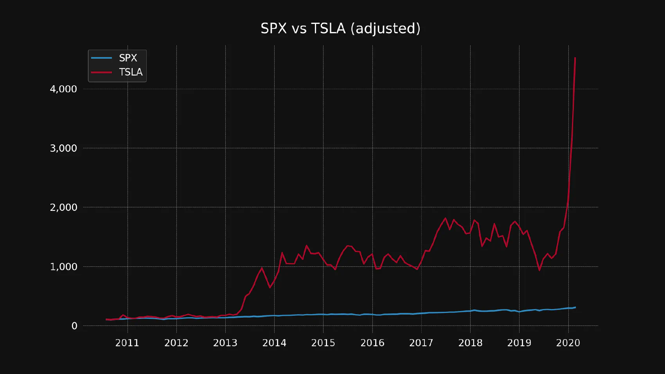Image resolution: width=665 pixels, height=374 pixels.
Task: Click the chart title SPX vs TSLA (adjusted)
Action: pyautogui.click(x=340, y=29)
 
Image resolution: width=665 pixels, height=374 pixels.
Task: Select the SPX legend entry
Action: pyautogui.click(x=128, y=58)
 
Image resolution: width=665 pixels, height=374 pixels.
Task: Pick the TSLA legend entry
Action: pyautogui.click(x=131, y=72)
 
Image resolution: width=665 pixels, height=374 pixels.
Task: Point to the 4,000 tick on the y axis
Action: pyautogui.click(x=63, y=89)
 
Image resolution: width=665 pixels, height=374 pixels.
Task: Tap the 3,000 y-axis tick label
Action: pyautogui.click(x=63, y=148)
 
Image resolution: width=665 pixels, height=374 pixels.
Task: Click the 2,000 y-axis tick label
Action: pyautogui.click(x=63, y=207)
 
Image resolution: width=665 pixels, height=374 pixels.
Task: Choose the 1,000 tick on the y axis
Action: pyautogui.click(x=63, y=267)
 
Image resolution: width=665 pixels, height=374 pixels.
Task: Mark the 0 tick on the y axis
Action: pyautogui.click(x=74, y=326)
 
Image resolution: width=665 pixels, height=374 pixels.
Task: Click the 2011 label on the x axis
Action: pyautogui.click(x=127, y=343)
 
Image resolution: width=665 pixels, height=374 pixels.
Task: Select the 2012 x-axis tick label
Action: pyautogui.click(x=176, y=343)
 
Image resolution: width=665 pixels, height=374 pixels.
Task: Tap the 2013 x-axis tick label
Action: pyautogui.click(x=225, y=343)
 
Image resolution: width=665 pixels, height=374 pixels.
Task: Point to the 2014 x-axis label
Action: pyautogui.click(x=274, y=343)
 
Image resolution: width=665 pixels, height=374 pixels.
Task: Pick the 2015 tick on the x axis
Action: pyautogui.click(x=323, y=343)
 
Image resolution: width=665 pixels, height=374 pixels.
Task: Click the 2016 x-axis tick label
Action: pyautogui.click(x=372, y=343)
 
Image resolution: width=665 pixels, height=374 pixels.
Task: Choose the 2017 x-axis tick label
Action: pyautogui.click(x=421, y=343)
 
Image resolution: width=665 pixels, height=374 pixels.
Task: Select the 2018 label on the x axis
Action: pyautogui.click(x=470, y=343)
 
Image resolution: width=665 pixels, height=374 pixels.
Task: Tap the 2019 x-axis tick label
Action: pyautogui.click(x=519, y=343)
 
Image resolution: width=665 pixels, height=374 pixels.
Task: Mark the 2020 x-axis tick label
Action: pyautogui.click(x=568, y=343)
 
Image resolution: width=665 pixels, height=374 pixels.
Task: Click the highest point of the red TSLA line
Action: pyautogui.click(x=575, y=58)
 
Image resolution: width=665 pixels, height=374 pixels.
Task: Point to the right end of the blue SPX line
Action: pyautogui.click(x=575, y=307)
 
